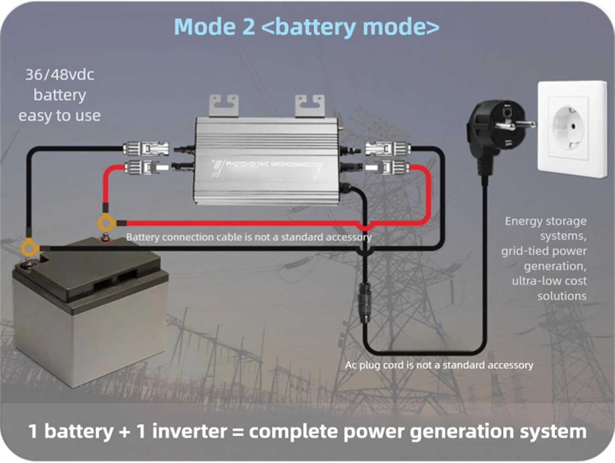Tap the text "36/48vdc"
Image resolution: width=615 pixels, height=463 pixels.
(x=59, y=75)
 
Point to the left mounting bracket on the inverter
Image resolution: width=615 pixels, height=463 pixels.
(x=224, y=105)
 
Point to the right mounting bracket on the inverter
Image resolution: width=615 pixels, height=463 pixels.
(x=310, y=105)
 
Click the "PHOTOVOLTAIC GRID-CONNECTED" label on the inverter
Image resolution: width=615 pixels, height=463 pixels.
(x=274, y=164)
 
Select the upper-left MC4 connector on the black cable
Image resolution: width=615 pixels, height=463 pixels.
(x=146, y=148)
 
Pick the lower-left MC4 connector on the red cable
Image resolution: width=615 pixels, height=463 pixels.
(x=146, y=167)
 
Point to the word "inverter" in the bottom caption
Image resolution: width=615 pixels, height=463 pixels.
(x=189, y=431)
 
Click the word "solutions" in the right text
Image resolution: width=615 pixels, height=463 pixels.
(x=562, y=296)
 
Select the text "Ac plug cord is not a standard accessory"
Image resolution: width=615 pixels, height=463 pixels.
(x=439, y=365)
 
